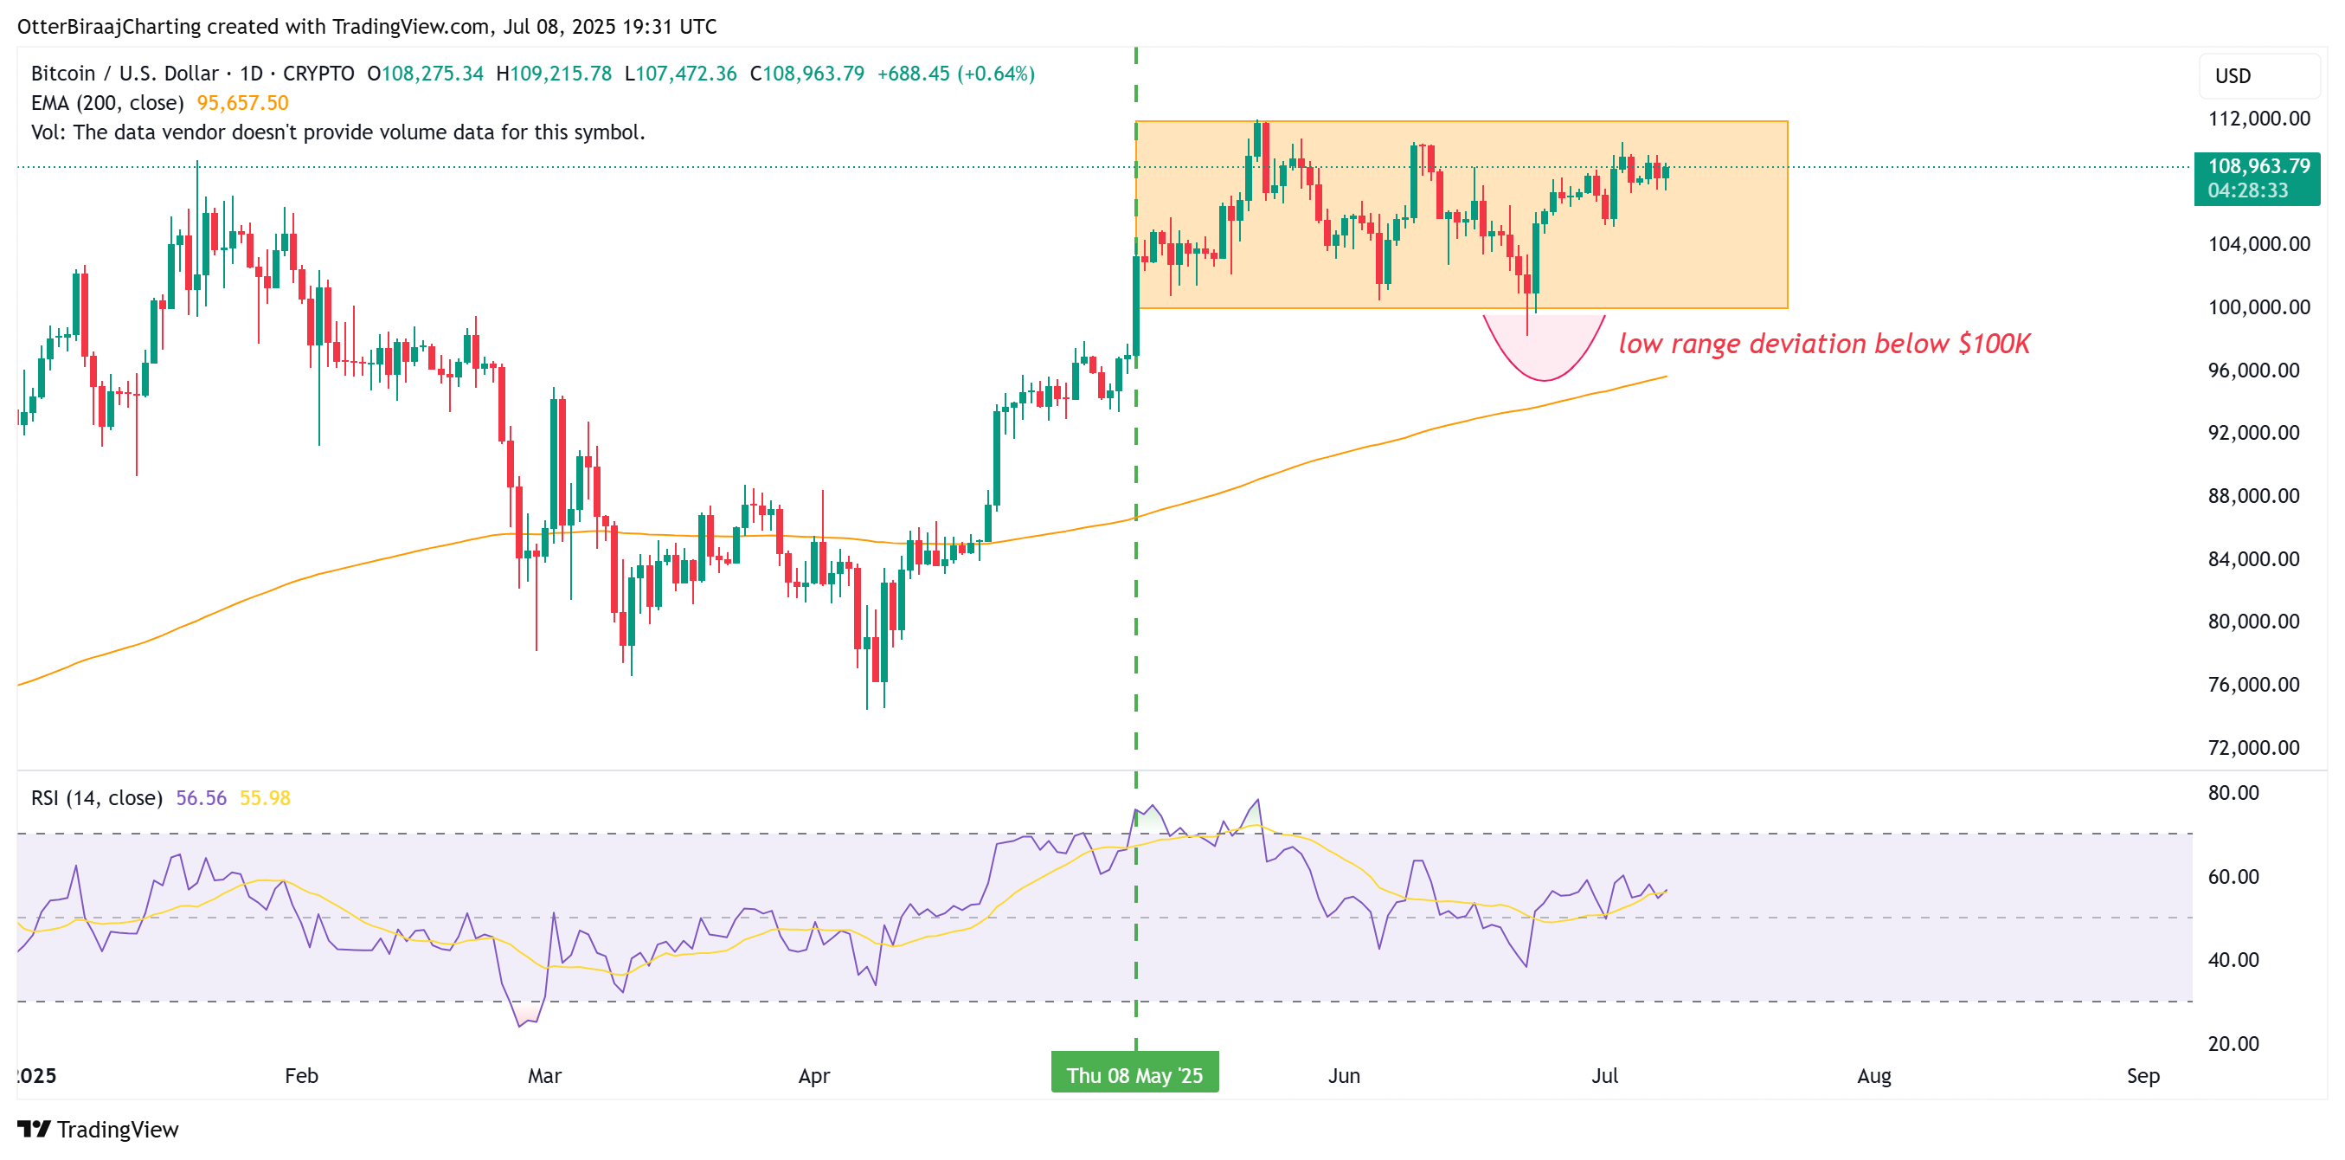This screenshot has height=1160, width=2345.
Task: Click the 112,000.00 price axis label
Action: [2258, 119]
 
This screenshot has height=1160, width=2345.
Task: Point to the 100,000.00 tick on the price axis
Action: [2258, 306]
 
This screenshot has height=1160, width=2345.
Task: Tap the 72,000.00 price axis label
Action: [2254, 748]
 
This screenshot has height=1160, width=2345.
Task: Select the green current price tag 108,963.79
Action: [2258, 166]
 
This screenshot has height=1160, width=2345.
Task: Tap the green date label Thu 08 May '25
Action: [1134, 1075]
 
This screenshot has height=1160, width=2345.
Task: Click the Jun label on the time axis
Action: [1344, 1075]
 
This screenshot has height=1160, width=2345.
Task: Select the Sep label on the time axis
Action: [2143, 1075]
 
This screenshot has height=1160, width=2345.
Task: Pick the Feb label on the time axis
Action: [301, 1075]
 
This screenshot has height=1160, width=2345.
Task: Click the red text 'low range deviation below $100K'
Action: [1824, 345]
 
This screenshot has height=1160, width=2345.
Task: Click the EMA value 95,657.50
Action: [242, 103]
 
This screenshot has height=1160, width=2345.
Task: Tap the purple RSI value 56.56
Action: [201, 798]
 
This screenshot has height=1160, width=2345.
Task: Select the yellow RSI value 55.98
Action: [265, 798]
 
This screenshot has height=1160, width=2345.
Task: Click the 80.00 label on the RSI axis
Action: [2233, 793]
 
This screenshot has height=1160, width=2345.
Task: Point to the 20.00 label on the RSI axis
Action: [2233, 1043]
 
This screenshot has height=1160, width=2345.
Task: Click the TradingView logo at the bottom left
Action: [99, 1129]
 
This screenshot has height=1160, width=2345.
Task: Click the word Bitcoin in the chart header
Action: [63, 74]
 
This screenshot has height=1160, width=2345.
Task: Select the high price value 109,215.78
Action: [561, 74]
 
